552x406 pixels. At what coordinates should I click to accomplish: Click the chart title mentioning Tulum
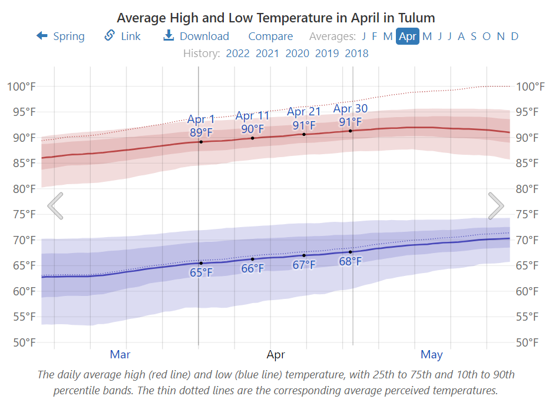point(276,17)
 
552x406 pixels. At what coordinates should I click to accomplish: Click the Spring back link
point(61,36)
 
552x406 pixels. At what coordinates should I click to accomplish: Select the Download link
point(196,36)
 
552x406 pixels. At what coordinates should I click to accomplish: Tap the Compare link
point(270,36)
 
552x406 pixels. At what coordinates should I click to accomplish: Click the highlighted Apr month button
point(408,36)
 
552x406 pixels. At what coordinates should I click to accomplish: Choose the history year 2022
point(238,54)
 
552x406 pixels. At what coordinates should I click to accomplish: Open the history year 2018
point(356,54)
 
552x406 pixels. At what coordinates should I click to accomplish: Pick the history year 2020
point(297,54)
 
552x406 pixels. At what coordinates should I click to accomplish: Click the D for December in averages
point(514,36)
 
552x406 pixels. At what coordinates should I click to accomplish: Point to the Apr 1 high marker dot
point(201,142)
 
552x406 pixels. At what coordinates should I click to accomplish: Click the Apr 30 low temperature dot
point(351,252)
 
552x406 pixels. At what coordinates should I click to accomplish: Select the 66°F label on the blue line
point(253,269)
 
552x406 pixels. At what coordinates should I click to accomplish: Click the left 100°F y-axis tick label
point(21,86)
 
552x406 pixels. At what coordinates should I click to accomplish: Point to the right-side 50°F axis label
point(530,342)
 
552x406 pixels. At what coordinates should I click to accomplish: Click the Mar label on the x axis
point(120,355)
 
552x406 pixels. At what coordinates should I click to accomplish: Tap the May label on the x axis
point(432,355)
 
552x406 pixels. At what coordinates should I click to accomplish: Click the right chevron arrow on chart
point(496,206)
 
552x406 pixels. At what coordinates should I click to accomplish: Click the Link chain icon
point(110,36)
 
